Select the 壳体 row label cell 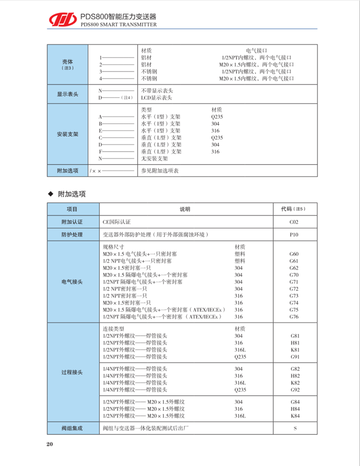(67, 64)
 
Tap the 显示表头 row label (67, 94)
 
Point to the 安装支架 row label (67, 134)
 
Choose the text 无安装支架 (155, 158)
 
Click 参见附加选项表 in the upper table (159, 170)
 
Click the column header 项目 (73, 209)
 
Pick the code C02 (294, 222)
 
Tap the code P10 (294, 235)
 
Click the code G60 (294, 254)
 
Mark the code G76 (294, 317)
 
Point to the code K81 (295, 350)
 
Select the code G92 (295, 390)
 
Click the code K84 (295, 416)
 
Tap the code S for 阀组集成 (295, 428)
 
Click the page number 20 (50, 444)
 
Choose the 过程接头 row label (73, 372)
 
